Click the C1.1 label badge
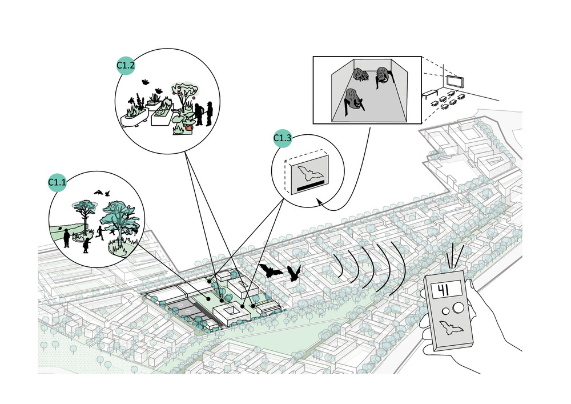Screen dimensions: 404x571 coord(57,182)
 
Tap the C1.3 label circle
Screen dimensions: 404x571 coord(282,138)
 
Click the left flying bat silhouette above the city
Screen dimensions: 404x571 coord(270,270)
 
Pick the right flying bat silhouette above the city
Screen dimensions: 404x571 coord(295,273)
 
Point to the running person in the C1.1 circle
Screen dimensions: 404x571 coord(100,231)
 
